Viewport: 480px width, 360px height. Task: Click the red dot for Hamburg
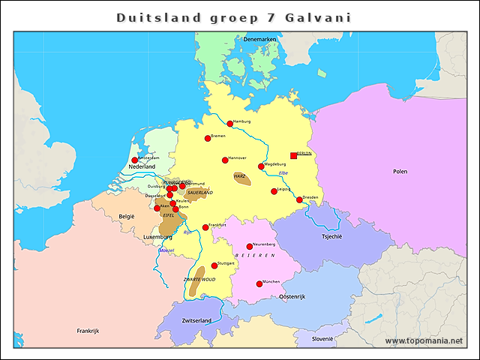[x=230, y=124]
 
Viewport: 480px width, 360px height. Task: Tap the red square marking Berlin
[x=293, y=155]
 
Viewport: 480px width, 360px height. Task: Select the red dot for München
[x=259, y=283]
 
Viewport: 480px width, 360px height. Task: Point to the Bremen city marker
[x=208, y=138]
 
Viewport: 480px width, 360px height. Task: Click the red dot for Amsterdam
[x=135, y=160]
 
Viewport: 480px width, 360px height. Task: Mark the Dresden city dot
[x=299, y=199]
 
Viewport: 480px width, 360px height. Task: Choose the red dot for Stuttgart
[x=214, y=265]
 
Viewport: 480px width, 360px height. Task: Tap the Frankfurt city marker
[x=205, y=227]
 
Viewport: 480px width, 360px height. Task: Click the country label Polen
[x=400, y=171]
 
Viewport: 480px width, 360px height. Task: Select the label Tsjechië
[x=331, y=236]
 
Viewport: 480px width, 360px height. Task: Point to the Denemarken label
[x=260, y=39]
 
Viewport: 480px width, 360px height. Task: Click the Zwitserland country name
[x=196, y=320]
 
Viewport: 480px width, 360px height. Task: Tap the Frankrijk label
[x=88, y=331]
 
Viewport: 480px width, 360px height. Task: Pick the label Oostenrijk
[x=292, y=297]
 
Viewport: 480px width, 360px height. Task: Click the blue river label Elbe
[x=283, y=173]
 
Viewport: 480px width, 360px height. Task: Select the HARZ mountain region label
[x=240, y=176]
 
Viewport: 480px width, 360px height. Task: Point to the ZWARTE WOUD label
[x=199, y=279]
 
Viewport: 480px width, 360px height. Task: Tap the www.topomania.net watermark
[x=424, y=341]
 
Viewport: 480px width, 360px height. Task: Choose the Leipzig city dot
[x=274, y=191]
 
